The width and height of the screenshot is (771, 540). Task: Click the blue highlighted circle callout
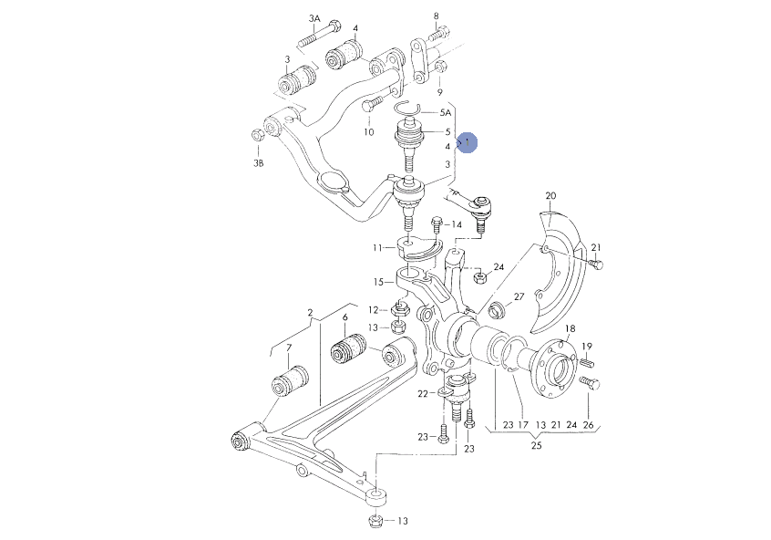coord(467,142)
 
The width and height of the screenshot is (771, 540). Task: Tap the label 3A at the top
coord(314,19)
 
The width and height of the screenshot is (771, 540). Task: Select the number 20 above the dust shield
coord(550,195)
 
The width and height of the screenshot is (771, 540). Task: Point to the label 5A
coord(445,113)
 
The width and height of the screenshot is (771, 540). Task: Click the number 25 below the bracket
coord(537,445)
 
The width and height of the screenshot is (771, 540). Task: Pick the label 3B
coord(258,163)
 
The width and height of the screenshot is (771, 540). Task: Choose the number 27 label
coord(519,296)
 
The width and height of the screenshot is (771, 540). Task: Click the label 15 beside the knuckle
coord(378,282)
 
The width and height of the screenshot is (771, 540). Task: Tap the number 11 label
coord(377,247)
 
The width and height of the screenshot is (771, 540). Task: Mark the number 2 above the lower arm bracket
coord(310,312)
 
